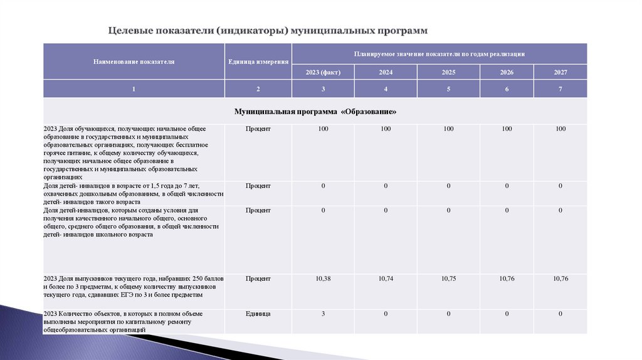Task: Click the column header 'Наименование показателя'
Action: tap(134, 62)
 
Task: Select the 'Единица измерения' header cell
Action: tap(258, 62)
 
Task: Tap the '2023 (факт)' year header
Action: tap(323, 72)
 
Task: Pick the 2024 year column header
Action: tap(386, 72)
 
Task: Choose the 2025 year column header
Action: tap(448, 72)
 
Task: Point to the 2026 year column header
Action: tap(507, 72)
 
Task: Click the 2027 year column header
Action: tap(560, 72)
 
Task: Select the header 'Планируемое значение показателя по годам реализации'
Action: tap(439, 54)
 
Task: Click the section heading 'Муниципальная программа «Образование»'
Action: tap(315, 111)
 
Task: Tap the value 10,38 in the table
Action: tap(323, 278)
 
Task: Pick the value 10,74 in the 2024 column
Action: tap(386, 278)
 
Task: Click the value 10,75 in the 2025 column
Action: tap(448, 278)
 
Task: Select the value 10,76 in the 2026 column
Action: tap(507, 278)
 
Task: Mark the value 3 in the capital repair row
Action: tap(323, 313)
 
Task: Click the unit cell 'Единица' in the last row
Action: tap(258, 313)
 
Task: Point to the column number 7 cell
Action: tap(560, 89)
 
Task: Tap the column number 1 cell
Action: tap(134, 89)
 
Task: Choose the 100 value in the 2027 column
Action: tap(560, 129)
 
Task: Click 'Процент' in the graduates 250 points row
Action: tap(258, 278)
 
